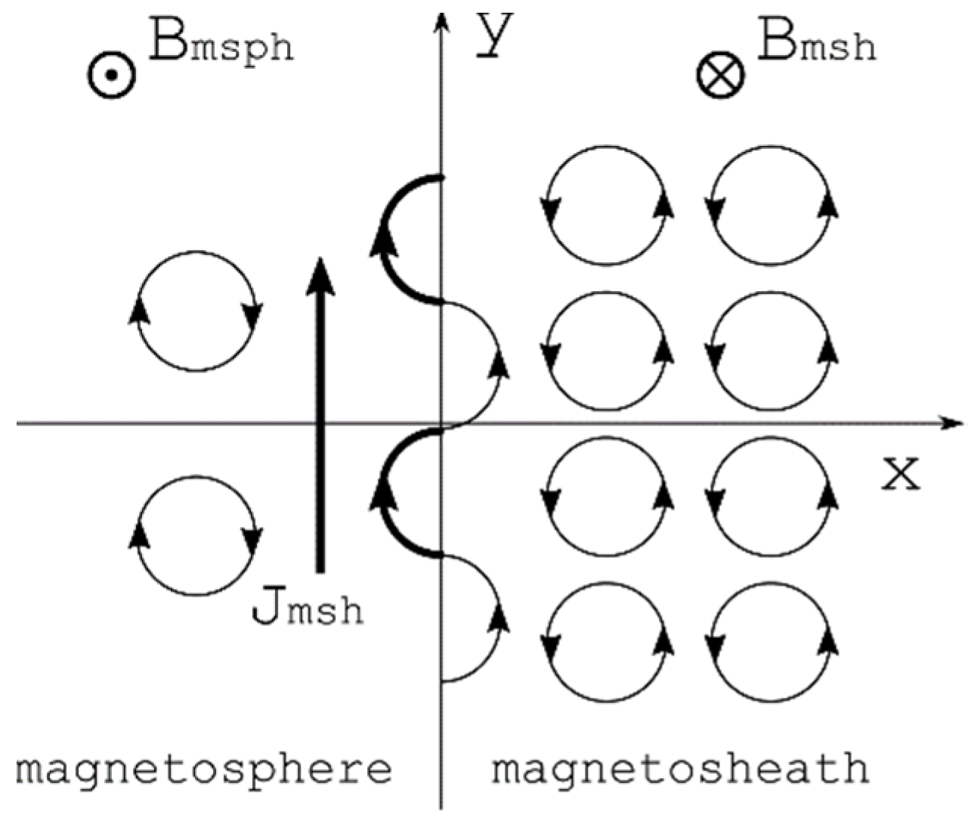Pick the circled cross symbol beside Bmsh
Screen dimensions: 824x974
point(720,76)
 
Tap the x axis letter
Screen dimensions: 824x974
point(900,474)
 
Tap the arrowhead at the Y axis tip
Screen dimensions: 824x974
point(441,23)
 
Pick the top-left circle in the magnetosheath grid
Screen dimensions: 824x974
point(607,206)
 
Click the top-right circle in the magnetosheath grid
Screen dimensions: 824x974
point(771,206)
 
